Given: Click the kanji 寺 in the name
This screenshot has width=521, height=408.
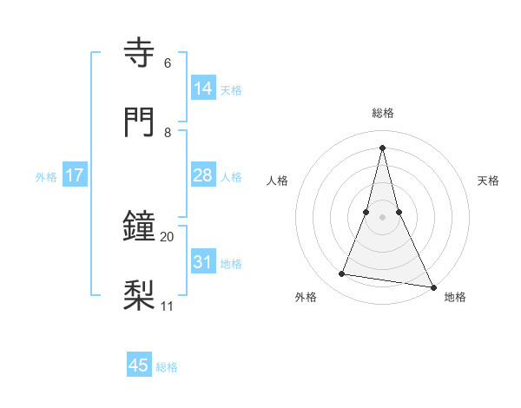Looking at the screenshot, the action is pyautogui.click(x=142, y=52).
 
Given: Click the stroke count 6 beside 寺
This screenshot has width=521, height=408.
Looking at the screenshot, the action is pyautogui.click(x=168, y=63).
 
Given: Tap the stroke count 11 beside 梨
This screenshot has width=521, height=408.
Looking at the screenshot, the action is pyautogui.click(x=168, y=306).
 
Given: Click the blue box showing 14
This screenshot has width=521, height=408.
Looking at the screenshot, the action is pyautogui.click(x=202, y=88).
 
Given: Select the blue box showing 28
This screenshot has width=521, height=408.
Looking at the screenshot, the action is pyautogui.click(x=202, y=175).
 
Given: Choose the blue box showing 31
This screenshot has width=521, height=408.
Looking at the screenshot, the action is pyautogui.click(x=202, y=261).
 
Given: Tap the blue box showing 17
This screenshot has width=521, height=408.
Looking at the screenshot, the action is pyautogui.click(x=74, y=175).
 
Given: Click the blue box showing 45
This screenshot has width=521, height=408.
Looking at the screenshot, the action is pyautogui.click(x=139, y=365).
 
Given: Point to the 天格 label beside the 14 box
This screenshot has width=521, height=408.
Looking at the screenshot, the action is pyautogui.click(x=231, y=90).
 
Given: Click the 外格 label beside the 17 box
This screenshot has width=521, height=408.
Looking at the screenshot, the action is pyautogui.click(x=46, y=177).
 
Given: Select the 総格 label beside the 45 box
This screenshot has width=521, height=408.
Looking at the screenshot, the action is pyautogui.click(x=167, y=367).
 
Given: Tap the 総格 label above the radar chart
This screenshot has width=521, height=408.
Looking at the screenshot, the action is pyautogui.click(x=383, y=113).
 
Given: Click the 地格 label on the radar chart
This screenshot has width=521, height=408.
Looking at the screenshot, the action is pyautogui.click(x=455, y=298).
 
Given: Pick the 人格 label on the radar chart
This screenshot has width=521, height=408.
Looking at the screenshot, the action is pyautogui.click(x=278, y=181).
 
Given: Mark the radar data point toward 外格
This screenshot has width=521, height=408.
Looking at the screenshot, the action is pyautogui.click(x=342, y=274).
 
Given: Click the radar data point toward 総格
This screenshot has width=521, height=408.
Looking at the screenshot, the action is pyautogui.click(x=382, y=147).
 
